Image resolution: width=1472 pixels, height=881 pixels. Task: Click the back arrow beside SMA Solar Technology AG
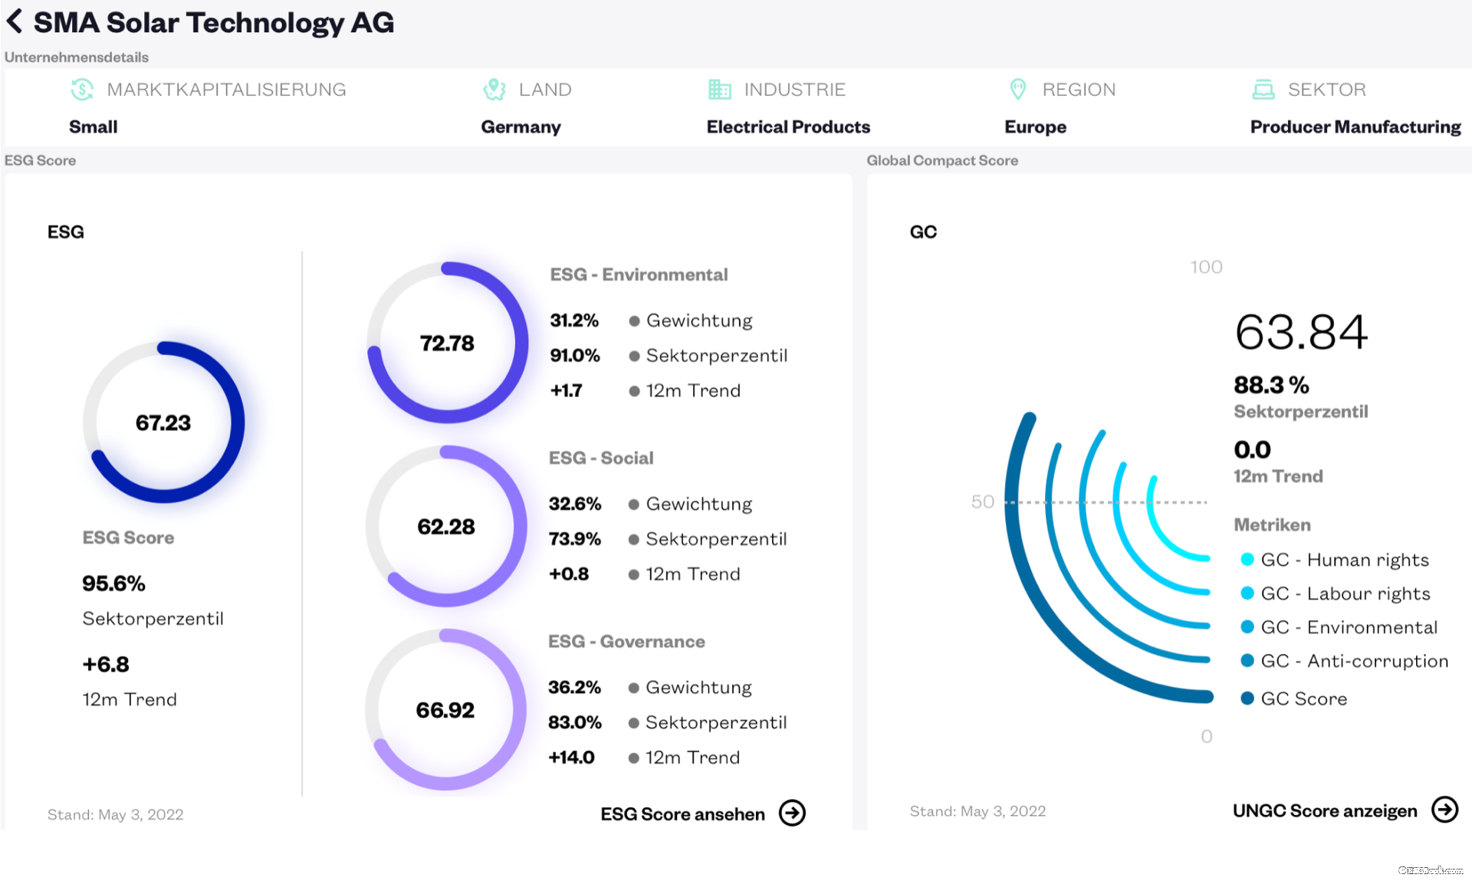15,21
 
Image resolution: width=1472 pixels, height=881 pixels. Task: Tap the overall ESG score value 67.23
163,422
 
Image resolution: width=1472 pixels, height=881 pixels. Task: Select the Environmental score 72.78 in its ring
447,343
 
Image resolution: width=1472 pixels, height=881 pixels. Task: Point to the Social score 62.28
446,527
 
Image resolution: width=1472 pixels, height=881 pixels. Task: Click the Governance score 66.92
445,710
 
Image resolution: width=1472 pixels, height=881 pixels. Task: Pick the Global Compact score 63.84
1301,332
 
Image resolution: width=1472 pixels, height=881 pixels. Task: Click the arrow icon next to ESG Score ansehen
792,813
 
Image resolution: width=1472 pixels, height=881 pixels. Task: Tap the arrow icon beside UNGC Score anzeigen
1445,810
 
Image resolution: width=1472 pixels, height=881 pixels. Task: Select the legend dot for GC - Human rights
1247,560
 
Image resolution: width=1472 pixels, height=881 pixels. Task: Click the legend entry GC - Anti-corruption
1354,661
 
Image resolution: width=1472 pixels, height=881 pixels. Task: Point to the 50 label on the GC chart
982,501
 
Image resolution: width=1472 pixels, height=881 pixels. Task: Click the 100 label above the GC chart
1206,267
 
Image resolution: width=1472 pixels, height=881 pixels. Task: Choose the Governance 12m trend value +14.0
572,758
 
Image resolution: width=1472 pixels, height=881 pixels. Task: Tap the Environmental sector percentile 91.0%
575,356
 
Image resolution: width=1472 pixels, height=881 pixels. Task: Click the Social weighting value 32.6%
575,504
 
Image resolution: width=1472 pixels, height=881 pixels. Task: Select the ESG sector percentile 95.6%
113,583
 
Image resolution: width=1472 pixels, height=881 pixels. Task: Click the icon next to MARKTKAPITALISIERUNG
82,90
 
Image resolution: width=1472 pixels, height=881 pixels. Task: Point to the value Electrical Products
788,127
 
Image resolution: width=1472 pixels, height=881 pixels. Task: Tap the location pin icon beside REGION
1017,90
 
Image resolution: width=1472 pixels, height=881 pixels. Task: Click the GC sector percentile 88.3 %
1271,385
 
